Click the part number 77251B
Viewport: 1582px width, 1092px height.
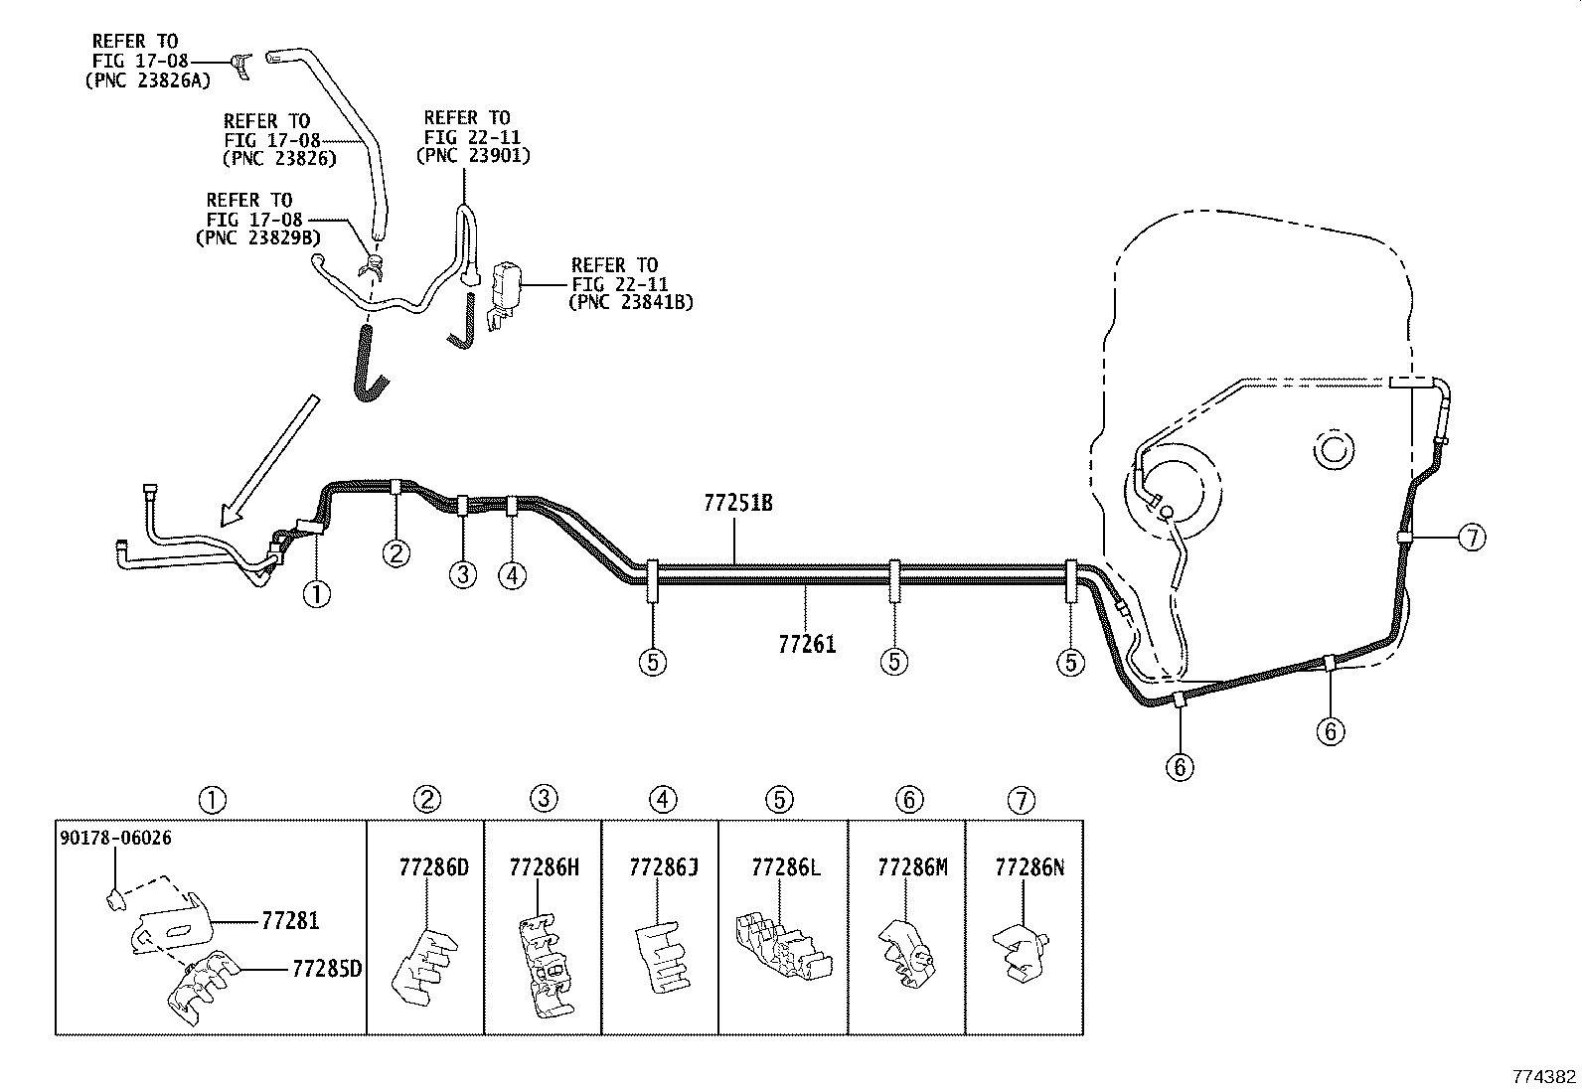click(x=737, y=504)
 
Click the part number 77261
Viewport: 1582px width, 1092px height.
click(x=807, y=644)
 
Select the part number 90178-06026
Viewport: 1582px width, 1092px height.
click(x=115, y=838)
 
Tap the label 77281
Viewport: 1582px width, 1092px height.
click(x=290, y=921)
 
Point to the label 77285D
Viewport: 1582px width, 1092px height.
click(x=326, y=967)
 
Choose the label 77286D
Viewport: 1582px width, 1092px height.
click(x=432, y=867)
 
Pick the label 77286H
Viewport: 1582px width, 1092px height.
click(x=543, y=867)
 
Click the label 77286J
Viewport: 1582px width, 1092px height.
click(x=663, y=867)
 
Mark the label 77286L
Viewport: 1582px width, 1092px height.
click(x=786, y=867)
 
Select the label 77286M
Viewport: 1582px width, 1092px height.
click(x=912, y=867)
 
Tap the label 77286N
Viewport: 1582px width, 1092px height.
click(x=1028, y=867)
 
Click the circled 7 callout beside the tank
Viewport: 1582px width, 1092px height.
click(x=1472, y=538)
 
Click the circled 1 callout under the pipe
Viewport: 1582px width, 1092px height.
click(x=317, y=594)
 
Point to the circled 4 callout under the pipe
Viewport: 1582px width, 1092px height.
click(x=512, y=574)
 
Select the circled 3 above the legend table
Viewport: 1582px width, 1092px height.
click(x=543, y=798)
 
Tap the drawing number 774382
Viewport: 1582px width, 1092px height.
click(x=1543, y=1076)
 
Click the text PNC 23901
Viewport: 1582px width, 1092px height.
click(x=472, y=156)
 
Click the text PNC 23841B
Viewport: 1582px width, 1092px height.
click(x=630, y=302)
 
